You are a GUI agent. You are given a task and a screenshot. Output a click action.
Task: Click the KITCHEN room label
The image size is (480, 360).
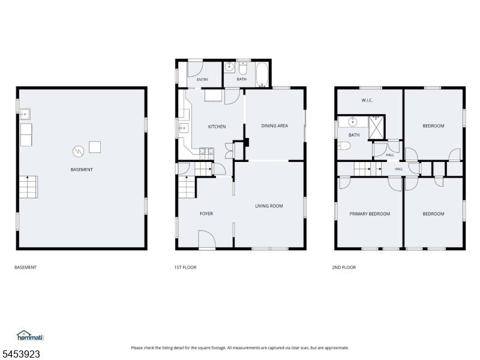pyautogui.click(x=217, y=127)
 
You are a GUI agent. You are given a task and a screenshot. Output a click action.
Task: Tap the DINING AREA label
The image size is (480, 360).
pyautogui.click(x=274, y=125)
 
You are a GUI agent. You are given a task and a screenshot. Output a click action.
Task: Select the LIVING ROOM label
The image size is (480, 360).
pyautogui.click(x=269, y=206)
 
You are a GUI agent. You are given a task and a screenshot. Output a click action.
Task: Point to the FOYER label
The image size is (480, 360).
pyautogui.click(x=206, y=214)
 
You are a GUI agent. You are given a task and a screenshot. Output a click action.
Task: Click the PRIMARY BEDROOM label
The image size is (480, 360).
pyautogui.click(x=370, y=214)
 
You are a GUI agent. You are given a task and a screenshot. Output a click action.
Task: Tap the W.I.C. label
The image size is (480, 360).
pyautogui.click(x=367, y=100)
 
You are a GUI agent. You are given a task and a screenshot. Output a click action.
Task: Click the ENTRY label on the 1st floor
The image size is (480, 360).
pyautogui.click(x=202, y=80)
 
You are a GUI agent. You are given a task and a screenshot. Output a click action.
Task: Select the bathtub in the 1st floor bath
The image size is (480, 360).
pyautogui.click(x=262, y=75)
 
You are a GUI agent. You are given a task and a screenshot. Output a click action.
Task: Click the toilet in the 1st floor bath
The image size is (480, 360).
pyautogui.click(x=243, y=68)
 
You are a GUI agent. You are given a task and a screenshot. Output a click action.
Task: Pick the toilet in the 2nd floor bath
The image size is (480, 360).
pyautogui.click(x=344, y=146)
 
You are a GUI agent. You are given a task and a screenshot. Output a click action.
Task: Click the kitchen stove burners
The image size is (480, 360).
pyautogui.click(x=206, y=154)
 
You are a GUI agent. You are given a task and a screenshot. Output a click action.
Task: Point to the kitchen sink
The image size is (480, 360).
pyautogui.click(x=184, y=128)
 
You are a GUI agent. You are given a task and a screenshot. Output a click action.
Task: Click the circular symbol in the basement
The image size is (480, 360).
pyautogui.click(x=78, y=151)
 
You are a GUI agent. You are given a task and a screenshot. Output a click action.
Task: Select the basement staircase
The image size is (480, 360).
pyautogui.click(x=28, y=187)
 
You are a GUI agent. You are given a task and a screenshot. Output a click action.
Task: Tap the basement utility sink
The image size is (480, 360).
pyautogui.click(x=25, y=114)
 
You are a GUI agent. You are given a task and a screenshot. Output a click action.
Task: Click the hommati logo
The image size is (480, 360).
pyautogui.click(x=30, y=336)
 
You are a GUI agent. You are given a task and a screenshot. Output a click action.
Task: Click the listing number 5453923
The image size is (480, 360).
pyautogui.click(x=20, y=354)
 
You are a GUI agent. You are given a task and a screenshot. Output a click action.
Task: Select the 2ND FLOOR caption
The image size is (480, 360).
pyautogui.click(x=344, y=268)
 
